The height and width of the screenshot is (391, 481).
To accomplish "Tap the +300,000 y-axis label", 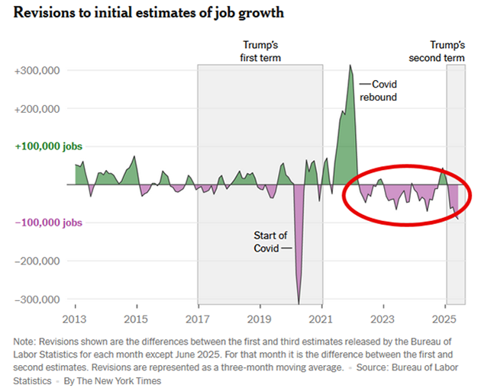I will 37,71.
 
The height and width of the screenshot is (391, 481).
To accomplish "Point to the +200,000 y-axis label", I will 37,109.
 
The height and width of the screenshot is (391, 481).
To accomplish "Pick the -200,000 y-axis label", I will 38,261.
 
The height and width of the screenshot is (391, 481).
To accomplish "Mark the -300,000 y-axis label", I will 38,298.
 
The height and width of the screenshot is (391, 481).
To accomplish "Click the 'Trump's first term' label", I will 260,52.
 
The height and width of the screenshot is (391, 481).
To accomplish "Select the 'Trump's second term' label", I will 446,52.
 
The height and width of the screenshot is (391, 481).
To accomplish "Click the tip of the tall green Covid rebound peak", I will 350,66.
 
